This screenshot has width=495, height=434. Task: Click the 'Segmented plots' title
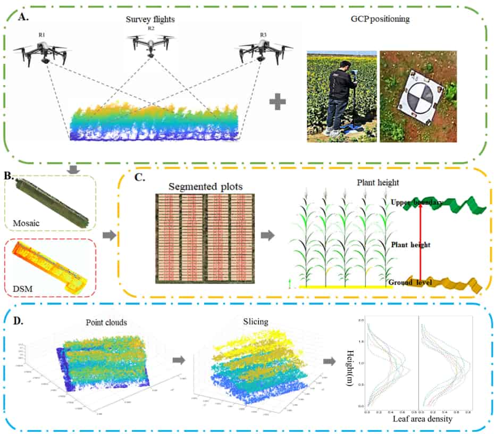click(205, 187)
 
